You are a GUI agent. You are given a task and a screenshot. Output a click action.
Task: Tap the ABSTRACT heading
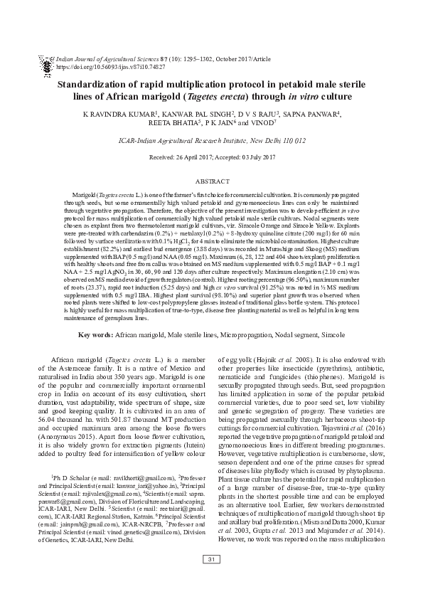click(x=211, y=182)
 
